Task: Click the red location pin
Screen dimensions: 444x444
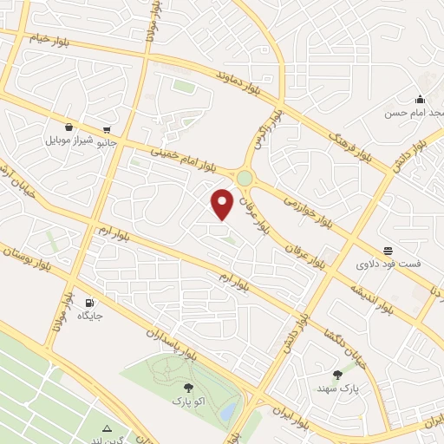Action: coord(223,204)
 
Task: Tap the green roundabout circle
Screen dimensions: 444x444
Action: coord(245,178)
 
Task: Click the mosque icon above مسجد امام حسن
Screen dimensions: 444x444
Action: coord(420,99)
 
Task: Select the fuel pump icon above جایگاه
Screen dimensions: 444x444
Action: coord(89,303)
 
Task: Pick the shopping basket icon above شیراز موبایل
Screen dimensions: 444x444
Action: coord(69,127)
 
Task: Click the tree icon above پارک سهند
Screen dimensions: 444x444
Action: coord(337,375)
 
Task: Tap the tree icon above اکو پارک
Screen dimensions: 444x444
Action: coord(188,388)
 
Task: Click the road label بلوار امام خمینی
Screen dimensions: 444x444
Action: coord(184,157)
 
